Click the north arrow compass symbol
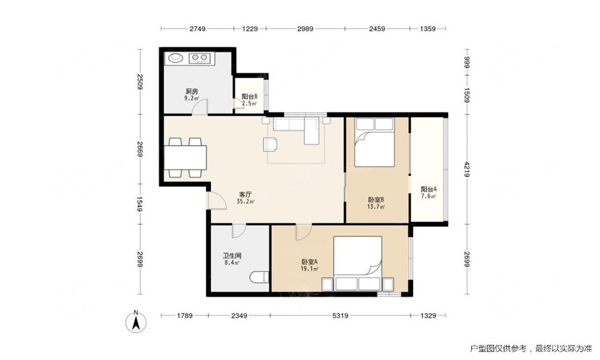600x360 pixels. click(x=136, y=321)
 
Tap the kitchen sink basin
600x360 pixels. click(x=176, y=58)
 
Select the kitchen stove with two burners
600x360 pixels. click(x=200, y=58)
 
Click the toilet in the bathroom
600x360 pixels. click(x=259, y=277)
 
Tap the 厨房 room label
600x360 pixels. click(x=192, y=91)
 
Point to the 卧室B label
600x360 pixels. click(x=376, y=200)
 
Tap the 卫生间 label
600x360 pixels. click(x=232, y=256)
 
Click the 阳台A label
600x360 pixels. click(x=428, y=190)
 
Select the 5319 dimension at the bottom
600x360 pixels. click(x=340, y=316)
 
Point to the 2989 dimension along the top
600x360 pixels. click(x=305, y=28)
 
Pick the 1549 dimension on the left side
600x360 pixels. click(x=140, y=204)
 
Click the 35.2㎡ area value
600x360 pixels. click(x=245, y=202)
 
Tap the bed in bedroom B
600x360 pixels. click(x=374, y=142)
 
